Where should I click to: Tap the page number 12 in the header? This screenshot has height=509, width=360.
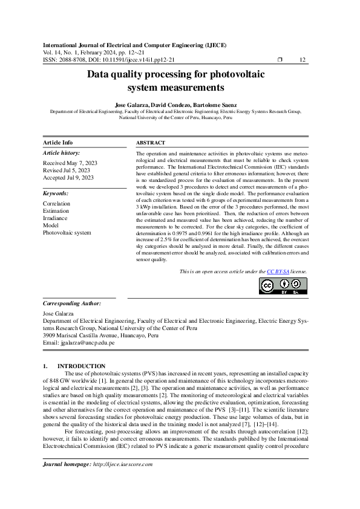click(303, 59)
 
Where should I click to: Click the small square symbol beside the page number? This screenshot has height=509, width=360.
click(280, 59)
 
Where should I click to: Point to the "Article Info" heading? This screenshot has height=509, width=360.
click(58, 142)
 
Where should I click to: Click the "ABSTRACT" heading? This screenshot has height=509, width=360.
click(151, 142)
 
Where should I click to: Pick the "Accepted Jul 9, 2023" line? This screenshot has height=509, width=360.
click(68, 178)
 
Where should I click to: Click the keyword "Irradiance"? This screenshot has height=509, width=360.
click(56, 218)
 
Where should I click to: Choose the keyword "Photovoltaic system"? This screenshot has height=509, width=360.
click(67, 232)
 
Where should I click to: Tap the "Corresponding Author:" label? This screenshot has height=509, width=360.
click(71, 303)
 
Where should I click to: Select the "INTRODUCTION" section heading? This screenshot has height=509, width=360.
click(81, 366)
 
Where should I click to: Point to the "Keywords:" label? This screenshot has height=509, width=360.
click(56, 193)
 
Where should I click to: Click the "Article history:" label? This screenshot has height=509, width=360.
click(61, 153)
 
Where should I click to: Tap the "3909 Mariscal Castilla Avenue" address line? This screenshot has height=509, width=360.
click(101, 335)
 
